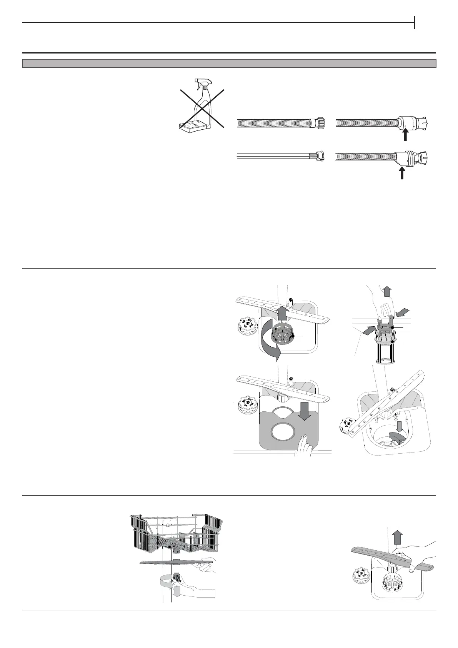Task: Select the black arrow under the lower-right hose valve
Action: click(401, 174)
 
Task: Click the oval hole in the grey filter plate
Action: click(287, 432)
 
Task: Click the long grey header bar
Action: click(229, 63)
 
